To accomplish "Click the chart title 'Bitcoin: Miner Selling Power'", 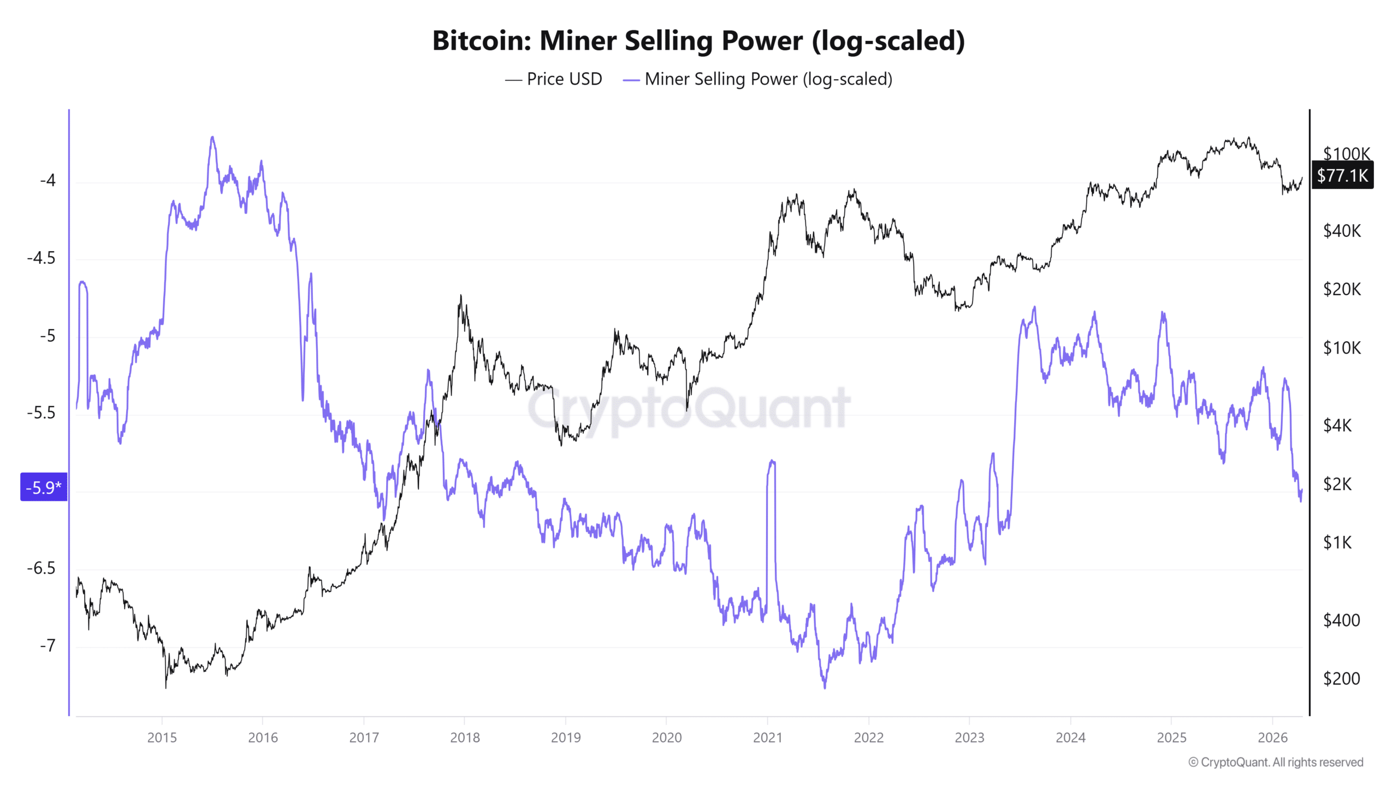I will (x=698, y=40).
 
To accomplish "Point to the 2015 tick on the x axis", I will (x=162, y=737).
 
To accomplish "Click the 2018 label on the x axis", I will (x=465, y=737).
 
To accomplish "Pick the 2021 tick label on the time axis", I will (x=767, y=737).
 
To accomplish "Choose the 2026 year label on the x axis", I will (x=1272, y=737).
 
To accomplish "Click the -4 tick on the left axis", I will (x=48, y=180).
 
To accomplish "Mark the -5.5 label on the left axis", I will (x=41, y=413).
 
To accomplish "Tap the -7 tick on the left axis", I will (x=48, y=646).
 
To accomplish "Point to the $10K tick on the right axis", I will (x=1342, y=348).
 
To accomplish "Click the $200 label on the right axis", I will (x=1341, y=678).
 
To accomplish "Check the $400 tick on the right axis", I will (x=1341, y=620).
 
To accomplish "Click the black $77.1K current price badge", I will (x=1342, y=175).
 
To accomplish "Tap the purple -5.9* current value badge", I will (x=44, y=487).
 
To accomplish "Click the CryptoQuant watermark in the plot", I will (x=688, y=408).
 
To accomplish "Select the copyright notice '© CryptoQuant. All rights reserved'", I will (x=1276, y=762).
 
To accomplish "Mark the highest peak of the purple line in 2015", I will (x=212, y=138).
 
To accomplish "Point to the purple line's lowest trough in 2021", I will (x=824, y=687).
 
